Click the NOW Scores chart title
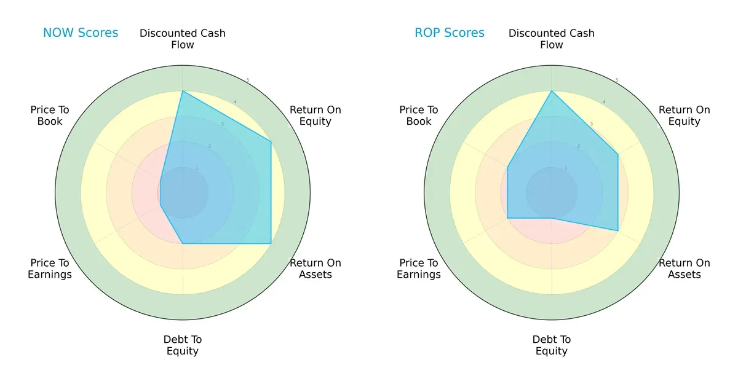point(81,33)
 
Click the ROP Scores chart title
point(450,33)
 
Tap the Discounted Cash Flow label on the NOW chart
point(183,39)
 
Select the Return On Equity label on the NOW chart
point(315,116)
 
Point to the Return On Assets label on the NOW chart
point(315,268)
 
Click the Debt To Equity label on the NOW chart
point(183,345)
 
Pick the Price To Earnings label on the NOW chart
point(50,268)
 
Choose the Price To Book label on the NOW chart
point(50,116)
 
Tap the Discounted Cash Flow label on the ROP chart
point(552,39)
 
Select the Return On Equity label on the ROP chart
point(684,116)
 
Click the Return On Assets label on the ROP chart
point(684,268)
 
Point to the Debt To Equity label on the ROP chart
point(552,345)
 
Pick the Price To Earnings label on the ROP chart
point(419,268)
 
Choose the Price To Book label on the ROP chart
point(419,116)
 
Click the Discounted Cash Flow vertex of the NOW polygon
point(183,91)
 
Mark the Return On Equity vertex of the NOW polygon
point(271,142)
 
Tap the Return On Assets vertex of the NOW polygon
point(271,243)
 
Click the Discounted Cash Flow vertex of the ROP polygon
point(552,91)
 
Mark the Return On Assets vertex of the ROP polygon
point(617,230)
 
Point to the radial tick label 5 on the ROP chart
point(616,80)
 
